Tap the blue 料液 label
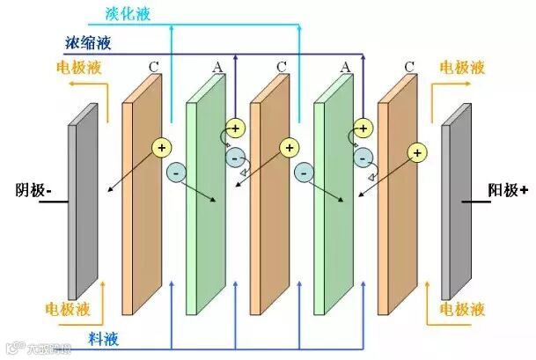[104, 337]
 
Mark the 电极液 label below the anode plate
[461, 310]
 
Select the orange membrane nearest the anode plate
[397, 194]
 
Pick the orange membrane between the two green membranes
[268, 194]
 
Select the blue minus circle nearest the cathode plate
[175, 173]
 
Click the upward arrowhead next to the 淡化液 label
[171, 25]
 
